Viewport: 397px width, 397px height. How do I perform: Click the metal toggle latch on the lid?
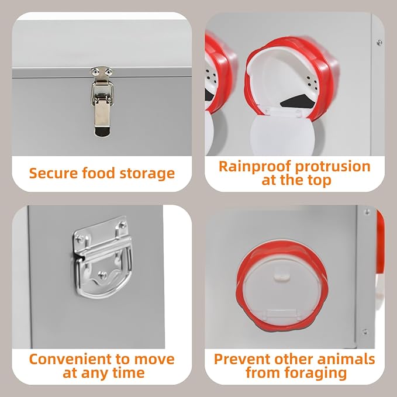pos(102,102)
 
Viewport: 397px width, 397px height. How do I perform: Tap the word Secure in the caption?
pos(54,173)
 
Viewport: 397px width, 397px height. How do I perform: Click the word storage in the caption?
pos(147,174)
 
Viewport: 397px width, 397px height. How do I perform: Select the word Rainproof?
pos(255,167)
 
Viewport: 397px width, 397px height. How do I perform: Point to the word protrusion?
pos(333,167)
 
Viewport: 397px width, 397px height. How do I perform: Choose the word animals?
pos(346,359)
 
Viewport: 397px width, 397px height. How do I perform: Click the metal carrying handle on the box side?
pos(102,257)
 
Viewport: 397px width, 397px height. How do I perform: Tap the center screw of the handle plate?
pos(102,274)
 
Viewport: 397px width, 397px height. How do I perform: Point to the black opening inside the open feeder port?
pos(297,101)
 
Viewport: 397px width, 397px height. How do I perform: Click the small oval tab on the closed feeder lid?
pos(282,277)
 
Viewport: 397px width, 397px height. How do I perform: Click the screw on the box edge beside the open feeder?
pos(379,43)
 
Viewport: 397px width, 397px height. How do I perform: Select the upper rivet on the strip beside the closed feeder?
pos(367,212)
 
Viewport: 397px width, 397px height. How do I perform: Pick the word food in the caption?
pos(99,173)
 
